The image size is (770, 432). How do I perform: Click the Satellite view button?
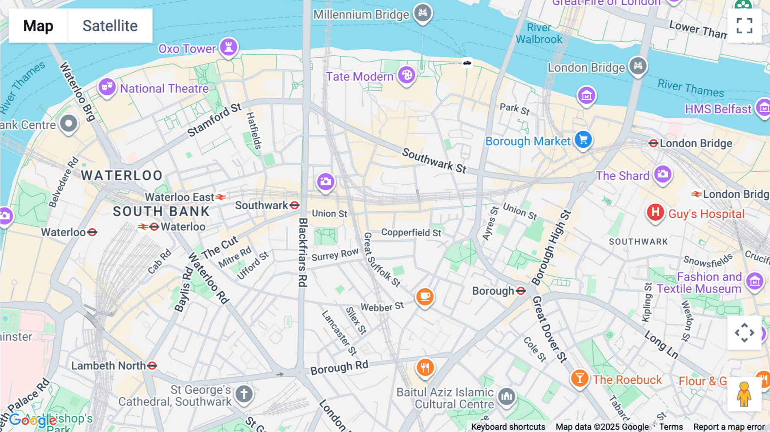[110, 26]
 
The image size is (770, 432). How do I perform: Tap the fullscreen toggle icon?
[744, 26]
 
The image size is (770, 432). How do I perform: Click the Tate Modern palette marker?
[406, 75]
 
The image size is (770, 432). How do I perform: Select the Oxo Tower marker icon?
[229, 47]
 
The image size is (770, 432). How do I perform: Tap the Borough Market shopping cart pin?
[583, 139]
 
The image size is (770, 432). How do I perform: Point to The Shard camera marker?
[663, 174]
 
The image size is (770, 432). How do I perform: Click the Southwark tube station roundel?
[295, 205]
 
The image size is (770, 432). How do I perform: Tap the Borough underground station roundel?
[521, 291]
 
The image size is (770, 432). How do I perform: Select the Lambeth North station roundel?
[152, 366]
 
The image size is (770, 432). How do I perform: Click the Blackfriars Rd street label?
[303, 252]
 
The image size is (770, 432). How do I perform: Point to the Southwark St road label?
[434, 161]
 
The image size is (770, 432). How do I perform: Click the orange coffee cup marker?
[425, 296]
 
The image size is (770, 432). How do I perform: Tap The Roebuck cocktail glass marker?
[580, 378]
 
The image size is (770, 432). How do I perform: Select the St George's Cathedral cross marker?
[244, 394]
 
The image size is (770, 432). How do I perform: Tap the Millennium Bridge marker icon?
[423, 12]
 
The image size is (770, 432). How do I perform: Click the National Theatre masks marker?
[107, 87]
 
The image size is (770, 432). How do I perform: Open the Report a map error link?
[729, 427]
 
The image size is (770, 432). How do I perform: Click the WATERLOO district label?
[122, 175]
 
